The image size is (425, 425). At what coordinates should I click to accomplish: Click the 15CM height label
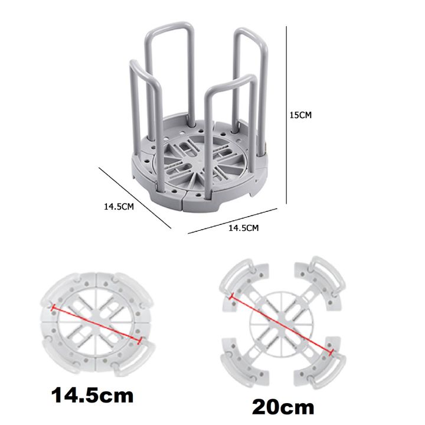point(300,116)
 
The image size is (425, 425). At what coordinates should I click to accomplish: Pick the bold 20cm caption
point(283,407)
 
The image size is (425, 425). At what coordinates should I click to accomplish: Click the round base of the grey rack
point(200,177)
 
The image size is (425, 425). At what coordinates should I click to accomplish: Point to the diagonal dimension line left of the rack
point(134,198)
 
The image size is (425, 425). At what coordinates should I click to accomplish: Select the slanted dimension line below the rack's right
point(233,220)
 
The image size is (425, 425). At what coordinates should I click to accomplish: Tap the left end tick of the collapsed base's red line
point(53,308)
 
